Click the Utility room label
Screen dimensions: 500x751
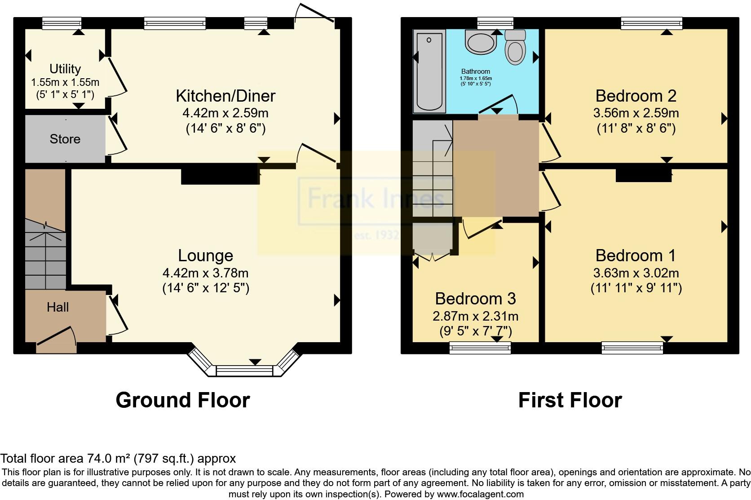(65, 69)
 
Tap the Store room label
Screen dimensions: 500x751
(65, 139)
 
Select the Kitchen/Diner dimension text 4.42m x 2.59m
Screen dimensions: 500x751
(225, 112)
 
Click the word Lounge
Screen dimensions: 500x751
(205, 255)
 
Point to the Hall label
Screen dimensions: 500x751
(58, 307)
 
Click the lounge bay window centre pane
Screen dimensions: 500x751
(244, 371)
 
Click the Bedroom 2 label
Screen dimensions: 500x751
(636, 96)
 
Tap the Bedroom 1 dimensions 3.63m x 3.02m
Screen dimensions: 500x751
(636, 272)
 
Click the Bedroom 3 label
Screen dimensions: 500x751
(475, 299)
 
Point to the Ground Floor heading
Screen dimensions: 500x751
(182, 400)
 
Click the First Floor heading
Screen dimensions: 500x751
(570, 400)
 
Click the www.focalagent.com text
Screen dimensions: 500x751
(480, 494)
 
